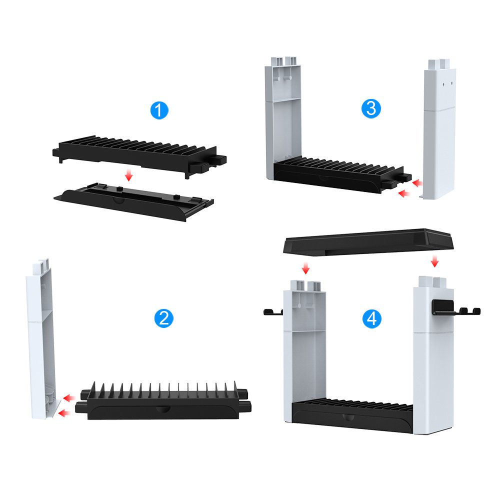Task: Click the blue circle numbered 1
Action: click(x=159, y=110)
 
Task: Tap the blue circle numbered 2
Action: click(x=163, y=318)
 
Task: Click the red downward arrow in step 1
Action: click(x=129, y=175)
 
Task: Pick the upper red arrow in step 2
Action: click(x=69, y=398)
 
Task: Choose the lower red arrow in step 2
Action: click(x=64, y=412)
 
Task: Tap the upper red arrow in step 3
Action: click(x=416, y=183)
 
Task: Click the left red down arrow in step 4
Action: click(x=306, y=269)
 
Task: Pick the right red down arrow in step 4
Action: click(x=434, y=261)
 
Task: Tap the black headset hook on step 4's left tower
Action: click(x=273, y=312)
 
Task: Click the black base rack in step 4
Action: click(x=352, y=415)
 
